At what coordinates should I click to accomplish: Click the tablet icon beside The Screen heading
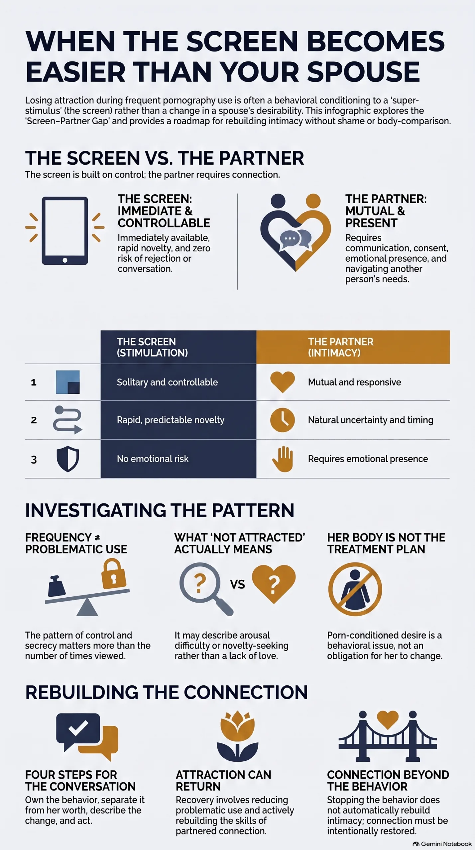coord(65,231)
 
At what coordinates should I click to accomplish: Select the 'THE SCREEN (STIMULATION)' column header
coord(152,347)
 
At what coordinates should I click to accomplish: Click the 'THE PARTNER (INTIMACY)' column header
coord(340,347)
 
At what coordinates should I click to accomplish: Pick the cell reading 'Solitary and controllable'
coord(167,382)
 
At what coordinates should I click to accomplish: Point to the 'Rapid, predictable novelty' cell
coord(171,420)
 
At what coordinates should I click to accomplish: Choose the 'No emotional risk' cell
coord(153,459)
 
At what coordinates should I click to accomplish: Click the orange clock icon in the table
coord(283,420)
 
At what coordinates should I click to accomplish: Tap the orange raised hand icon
coord(283,459)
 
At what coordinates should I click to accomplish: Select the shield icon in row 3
coord(68,459)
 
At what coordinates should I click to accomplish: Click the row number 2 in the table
coord(34,420)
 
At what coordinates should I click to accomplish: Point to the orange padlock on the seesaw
coord(114,573)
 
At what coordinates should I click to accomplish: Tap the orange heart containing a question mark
coord(274,583)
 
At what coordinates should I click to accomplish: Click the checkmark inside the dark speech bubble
coord(78,728)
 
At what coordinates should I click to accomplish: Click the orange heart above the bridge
coord(388,720)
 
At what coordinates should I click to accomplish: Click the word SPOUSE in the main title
coord(363,72)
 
